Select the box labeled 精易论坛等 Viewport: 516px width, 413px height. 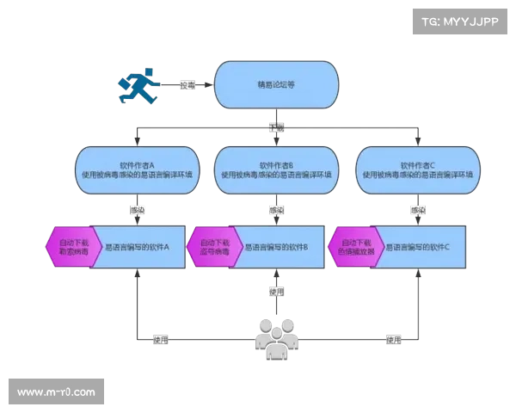tap(275, 85)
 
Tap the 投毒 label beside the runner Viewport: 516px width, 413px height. tap(187, 85)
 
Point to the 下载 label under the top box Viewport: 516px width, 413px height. tap(275, 126)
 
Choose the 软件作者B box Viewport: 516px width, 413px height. tap(276, 169)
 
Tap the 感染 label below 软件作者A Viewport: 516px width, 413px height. tap(136, 209)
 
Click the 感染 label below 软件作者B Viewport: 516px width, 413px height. tap(276, 209)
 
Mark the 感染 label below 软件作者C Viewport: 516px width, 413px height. tap(418, 209)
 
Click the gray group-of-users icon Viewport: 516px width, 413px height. tap(276, 339)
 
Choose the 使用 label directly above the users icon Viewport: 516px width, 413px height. tap(275, 291)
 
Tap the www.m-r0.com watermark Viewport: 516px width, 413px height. tap(57, 392)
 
